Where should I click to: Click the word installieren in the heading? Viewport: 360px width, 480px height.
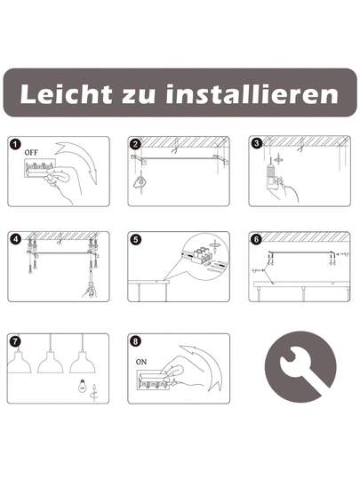(x=252, y=93)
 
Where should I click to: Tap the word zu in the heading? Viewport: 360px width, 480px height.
(x=139, y=95)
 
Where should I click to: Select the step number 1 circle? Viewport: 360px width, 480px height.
(x=15, y=144)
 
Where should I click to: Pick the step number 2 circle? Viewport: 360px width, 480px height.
(x=136, y=144)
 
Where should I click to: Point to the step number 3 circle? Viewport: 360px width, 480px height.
(x=257, y=143)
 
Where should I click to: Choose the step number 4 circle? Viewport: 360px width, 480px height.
(x=15, y=239)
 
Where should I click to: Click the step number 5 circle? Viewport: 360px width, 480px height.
(x=136, y=239)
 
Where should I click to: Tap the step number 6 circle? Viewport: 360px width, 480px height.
(x=257, y=239)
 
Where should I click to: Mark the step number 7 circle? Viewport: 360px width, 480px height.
(x=15, y=341)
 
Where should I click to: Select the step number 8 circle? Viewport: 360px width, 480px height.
(x=136, y=341)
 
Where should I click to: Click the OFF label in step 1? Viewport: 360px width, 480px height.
(x=31, y=153)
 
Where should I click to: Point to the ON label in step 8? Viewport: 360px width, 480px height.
(x=141, y=362)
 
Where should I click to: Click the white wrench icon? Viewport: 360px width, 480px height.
(x=301, y=368)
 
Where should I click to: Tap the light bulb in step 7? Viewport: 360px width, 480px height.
(x=82, y=387)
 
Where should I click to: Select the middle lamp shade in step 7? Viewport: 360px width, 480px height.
(x=51, y=363)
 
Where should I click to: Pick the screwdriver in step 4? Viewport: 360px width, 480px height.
(x=91, y=283)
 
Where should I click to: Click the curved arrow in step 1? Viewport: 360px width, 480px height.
(x=79, y=161)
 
